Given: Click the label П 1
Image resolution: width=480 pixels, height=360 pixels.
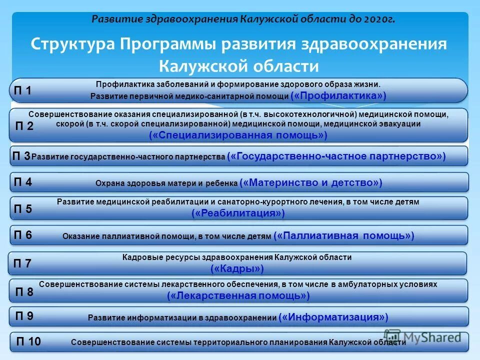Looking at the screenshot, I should pos(22,91).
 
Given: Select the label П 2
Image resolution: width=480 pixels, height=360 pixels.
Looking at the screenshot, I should pos(23,126).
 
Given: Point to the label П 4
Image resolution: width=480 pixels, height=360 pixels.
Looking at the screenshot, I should pos(23,182).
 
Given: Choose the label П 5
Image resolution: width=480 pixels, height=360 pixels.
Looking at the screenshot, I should pos(23,209).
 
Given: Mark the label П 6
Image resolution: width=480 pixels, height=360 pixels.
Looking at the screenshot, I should pos(23,235).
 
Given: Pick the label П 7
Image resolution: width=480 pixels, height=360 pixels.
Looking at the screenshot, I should pos(22,263).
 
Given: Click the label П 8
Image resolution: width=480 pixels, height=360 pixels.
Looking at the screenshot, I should pos(24,292).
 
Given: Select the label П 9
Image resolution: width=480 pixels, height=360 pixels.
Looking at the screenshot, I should pos(24,316).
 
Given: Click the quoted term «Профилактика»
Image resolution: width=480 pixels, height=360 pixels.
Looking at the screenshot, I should pos(338,95).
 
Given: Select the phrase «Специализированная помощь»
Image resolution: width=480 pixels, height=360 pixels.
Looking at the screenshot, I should pos(238,135).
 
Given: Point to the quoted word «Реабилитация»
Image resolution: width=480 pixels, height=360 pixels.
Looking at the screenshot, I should pos(238,213).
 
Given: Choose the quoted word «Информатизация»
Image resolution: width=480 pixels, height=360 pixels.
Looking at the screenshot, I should pos(333,317).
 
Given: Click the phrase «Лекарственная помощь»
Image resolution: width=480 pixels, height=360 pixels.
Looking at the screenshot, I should pos(238,296).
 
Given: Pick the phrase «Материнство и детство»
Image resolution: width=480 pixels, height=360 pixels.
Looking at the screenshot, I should pos(311,183).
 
